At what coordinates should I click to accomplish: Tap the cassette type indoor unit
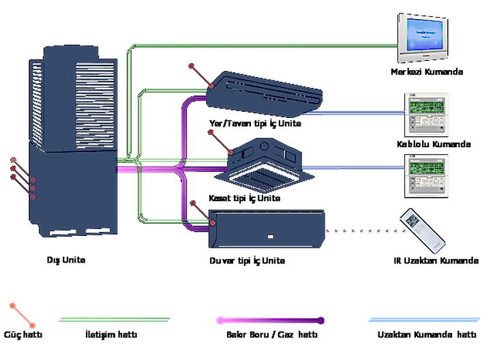(x=266, y=164)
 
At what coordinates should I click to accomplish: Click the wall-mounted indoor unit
(x=267, y=228)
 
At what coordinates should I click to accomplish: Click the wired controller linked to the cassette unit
(x=427, y=173)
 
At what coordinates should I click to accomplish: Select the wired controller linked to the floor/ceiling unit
(x=427, y=112)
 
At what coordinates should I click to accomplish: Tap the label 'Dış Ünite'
(x=67, y=260)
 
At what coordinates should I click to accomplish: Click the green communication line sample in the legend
(x=115, y=318)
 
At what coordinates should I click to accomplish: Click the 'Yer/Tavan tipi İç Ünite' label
(x=254, y=124)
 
